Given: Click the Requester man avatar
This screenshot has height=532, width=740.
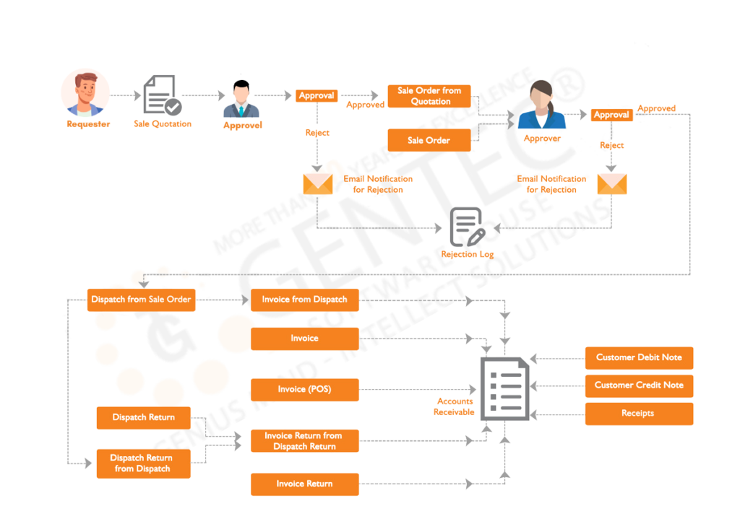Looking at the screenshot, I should (85, 94).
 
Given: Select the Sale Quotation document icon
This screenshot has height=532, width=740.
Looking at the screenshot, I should (163, 95).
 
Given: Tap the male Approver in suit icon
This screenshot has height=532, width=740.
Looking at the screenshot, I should (241, 100).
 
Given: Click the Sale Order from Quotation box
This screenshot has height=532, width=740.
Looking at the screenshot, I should (429, 96).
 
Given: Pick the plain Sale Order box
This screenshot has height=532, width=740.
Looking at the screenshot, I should (429, 140).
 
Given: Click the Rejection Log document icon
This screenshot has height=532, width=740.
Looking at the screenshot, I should (466, 227).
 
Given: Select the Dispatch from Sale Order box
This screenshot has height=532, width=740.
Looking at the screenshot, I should (142, 300).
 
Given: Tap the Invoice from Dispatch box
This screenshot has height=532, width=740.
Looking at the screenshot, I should (304, 300).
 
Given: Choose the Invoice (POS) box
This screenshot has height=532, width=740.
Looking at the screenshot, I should (304, 390).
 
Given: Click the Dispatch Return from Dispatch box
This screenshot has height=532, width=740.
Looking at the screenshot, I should (143, 463).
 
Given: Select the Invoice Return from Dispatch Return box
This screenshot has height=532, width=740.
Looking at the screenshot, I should (304, 441).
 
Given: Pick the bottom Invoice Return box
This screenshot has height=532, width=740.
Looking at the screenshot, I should (304, 484).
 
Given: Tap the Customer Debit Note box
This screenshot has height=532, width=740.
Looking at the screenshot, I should (639, 357).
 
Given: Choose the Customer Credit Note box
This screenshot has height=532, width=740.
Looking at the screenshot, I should (639, 385).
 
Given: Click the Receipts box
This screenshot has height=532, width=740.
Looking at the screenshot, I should (639, 414).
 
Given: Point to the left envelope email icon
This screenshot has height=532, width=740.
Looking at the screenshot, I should (317, 184).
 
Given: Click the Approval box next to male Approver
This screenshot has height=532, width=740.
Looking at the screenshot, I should (317, 95).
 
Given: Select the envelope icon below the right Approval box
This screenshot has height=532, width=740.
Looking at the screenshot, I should (612, 184).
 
